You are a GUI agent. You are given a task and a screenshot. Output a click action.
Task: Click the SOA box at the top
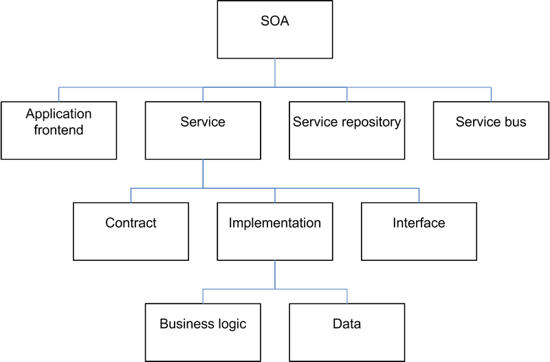pos(274,30)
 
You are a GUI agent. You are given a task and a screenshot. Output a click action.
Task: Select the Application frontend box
pos(58,131)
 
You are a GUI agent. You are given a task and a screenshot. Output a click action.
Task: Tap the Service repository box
pos(347,131)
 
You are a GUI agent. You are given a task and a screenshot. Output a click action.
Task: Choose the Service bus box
pos(491,131)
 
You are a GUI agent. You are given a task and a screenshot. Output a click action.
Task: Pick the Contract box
pos(131,231)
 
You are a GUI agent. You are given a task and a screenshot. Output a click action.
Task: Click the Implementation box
pos(274,231)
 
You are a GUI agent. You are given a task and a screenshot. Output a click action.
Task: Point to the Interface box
pos(419,231)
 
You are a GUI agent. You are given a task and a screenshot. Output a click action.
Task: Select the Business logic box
pos(203,332)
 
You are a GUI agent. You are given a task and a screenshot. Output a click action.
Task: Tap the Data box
pos(347,332)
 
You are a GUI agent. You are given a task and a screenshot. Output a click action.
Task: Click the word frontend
pos(58,130)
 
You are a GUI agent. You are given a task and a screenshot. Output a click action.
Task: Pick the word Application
pos(58,114)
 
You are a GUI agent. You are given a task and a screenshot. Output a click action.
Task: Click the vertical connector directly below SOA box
pos(274,73)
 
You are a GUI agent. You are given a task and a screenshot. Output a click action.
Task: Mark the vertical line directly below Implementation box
pos(274,275)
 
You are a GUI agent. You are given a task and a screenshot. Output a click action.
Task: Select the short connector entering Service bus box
pos(491,94)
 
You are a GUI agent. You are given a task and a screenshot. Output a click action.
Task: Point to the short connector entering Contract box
pos(131,195)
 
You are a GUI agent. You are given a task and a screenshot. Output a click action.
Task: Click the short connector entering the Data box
pos(347,297)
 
